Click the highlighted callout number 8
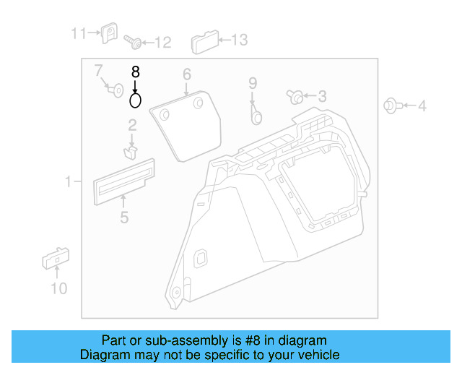pyautogui.click(x=135, y=72)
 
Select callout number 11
pyautogui.click(x=78, y=33)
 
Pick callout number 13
pyautogui.click(x=238, y=40)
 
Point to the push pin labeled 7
pyautogui.click(x=113, y=90)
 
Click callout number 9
pyautogui.click(x=253, y=83)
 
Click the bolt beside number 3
pyautogui.click(x=296, y=96)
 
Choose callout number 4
pyautogui.click(x=422, y=106)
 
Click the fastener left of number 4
pyautogui.click(x=391, y=106)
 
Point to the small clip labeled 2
pyautogui.click(x=131, y=151)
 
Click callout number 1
pyautogui.click(x=68, y=181)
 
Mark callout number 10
pyautogui.click(x=58, y=288)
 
